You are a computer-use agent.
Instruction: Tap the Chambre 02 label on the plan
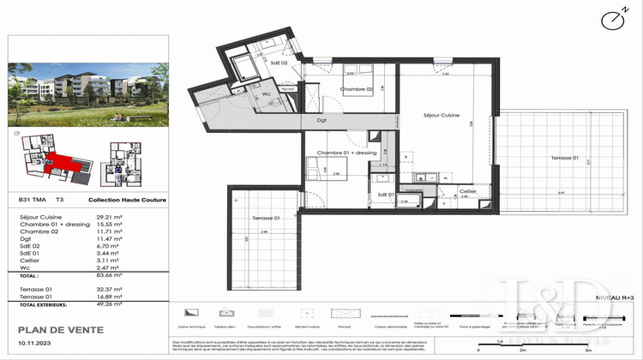point(357,89)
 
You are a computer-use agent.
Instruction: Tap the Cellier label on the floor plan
point(467,191)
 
